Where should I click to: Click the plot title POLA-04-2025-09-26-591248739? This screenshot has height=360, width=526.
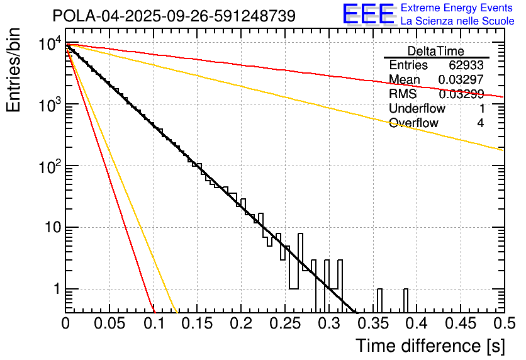(174, 16)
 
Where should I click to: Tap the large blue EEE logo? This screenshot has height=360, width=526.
(368, 14)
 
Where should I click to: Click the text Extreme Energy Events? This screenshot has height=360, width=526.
(457, 8)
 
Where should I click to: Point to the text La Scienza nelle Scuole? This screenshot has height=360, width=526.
(457, 21)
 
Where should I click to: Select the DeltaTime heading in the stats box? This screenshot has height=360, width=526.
(436, 51)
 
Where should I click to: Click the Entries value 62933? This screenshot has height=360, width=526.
(466, 65)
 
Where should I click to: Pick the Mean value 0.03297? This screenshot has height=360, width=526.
(461, 79)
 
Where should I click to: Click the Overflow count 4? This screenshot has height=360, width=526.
(480, 123)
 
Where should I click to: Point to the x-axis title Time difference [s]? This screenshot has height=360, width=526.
(430, 346)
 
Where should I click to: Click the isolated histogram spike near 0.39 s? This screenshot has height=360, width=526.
(406, 300)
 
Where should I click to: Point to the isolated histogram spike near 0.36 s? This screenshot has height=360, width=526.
(379, 300)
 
